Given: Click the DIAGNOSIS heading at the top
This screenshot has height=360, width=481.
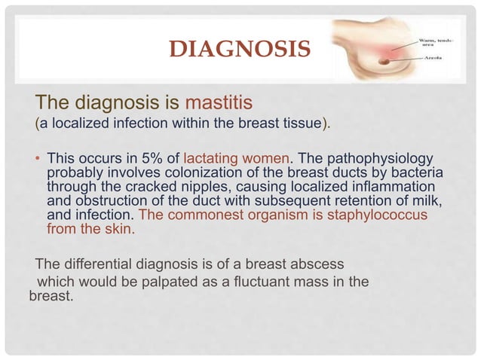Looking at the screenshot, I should point(239,50).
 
